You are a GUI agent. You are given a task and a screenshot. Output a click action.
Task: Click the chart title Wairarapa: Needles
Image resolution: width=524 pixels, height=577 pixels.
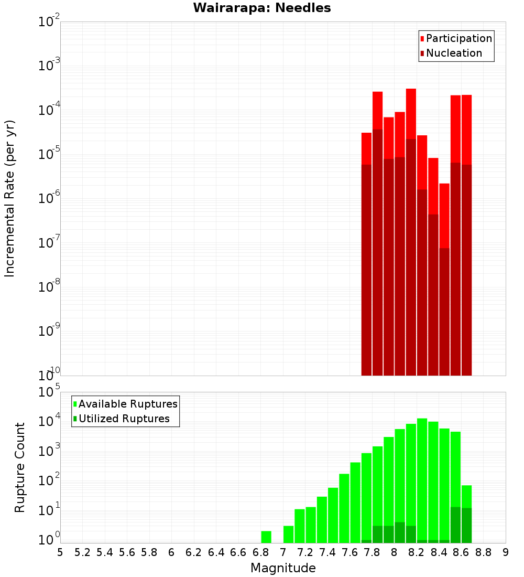point(262,8)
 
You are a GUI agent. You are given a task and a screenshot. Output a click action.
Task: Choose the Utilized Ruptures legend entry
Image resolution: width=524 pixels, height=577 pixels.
point(124,419)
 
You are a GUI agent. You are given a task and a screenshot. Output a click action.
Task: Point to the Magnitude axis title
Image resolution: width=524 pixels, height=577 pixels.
point(283,568)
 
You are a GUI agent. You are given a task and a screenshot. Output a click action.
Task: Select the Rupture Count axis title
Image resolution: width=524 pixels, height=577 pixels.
point(20,467)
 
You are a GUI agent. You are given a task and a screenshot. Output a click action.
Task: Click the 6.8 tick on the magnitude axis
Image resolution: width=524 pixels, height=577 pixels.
point(260,552)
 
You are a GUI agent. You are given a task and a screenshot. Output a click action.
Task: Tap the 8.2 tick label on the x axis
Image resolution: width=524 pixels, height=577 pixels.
point(417,552)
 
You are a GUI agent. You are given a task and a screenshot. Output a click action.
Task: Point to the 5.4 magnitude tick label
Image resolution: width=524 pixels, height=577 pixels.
point(105,552)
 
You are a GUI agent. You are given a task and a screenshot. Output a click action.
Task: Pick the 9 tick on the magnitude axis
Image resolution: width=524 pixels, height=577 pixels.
point(506,552)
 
